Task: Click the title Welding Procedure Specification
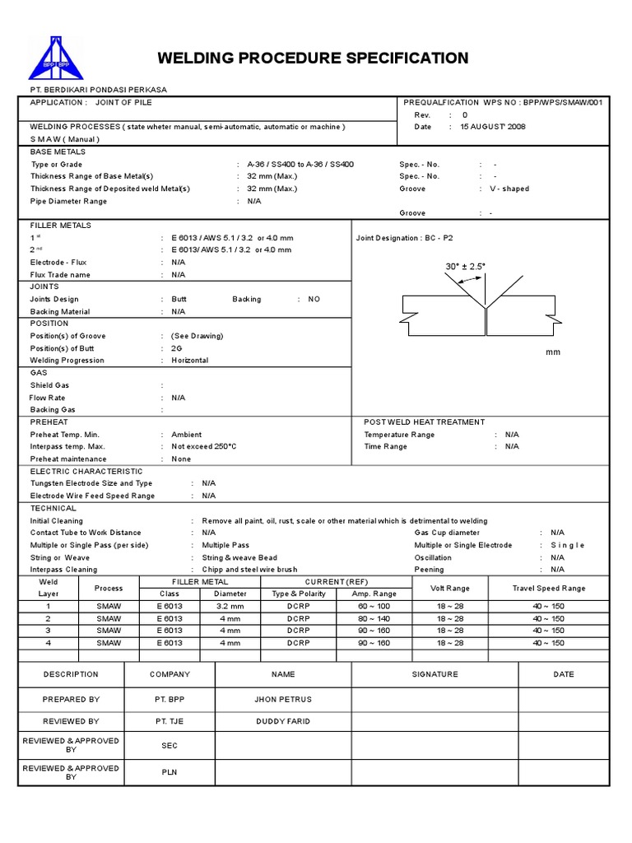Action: pos(313,58)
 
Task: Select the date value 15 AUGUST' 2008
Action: pos(493,127)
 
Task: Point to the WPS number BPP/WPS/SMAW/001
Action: pos(550,102)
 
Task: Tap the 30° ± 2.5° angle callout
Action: pos(465,266)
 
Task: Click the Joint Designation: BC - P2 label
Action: pos(404,238)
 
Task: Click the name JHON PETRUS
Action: pos(283,699)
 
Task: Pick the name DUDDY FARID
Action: pos(283,721)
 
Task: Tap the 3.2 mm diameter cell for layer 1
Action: pos(230,606)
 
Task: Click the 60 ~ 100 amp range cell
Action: pos(374,606)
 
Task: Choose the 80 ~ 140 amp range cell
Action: pos(374,618)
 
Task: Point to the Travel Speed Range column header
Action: pos(548,588)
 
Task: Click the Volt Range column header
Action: pos(450,588)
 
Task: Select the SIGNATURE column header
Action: pos(434,674)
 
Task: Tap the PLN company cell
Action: pos(170,772)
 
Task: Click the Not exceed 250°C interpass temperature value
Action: pos(203,446)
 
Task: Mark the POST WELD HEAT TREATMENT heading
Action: pos(424,421)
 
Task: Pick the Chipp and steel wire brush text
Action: pos(249,569)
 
